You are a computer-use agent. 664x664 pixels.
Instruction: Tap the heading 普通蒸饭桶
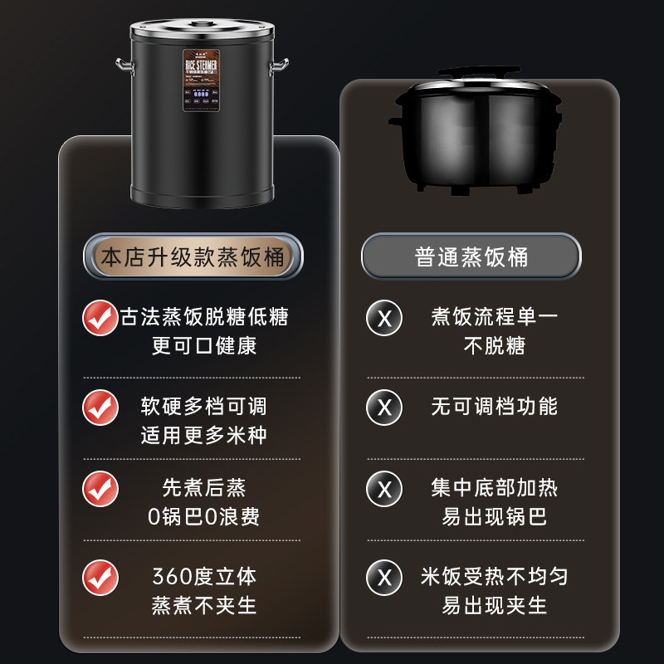pyautogui.click(x=471, y=256)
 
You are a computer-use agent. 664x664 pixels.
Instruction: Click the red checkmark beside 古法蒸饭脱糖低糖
pyautogui.click(x=100, y=318)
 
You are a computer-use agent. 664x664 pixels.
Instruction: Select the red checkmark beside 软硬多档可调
pyautogui.click(x=100, y=407)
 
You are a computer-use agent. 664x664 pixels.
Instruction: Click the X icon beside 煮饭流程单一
pyautogui.click(x=384, y=319)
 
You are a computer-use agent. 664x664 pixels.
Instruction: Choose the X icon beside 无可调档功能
pyautogui.click(x=384, y=407)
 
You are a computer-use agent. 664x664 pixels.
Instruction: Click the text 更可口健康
pyautogui.click(x=204, y=345)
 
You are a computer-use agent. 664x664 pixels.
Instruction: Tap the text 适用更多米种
pyautogui.click(x=203, y=434)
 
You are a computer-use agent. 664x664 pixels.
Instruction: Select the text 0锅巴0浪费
pyautogui.click(x=203, y=516)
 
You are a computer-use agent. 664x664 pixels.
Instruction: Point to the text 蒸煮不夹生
pyautogui.click(x=203, y=605)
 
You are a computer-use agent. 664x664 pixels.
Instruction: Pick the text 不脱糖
pyautogui.click(x=494, y=345)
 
